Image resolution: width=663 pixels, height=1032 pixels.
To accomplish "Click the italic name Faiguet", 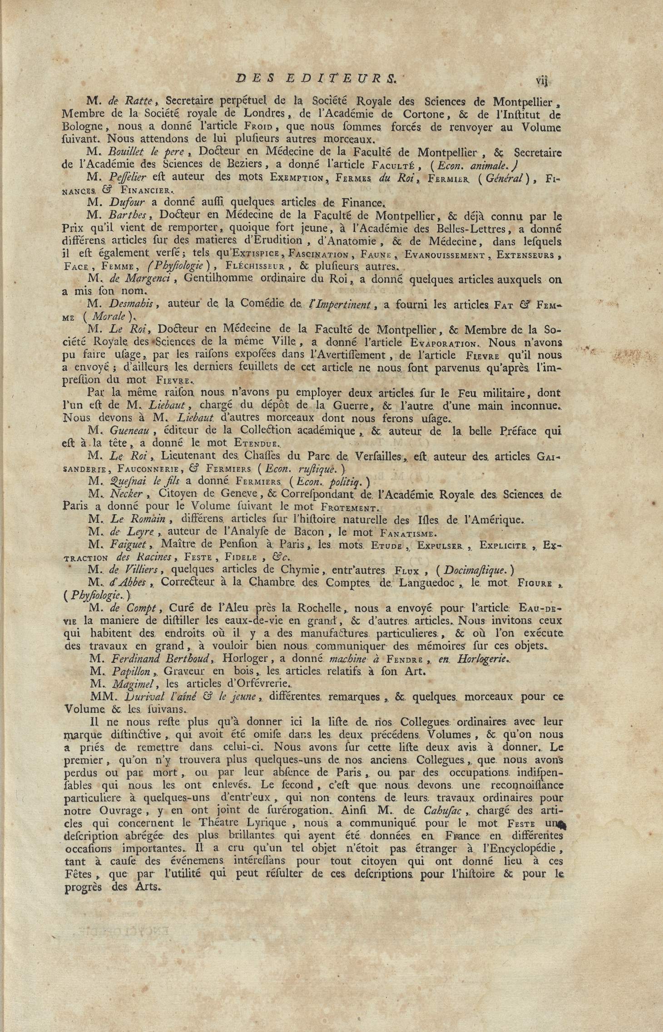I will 126,545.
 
